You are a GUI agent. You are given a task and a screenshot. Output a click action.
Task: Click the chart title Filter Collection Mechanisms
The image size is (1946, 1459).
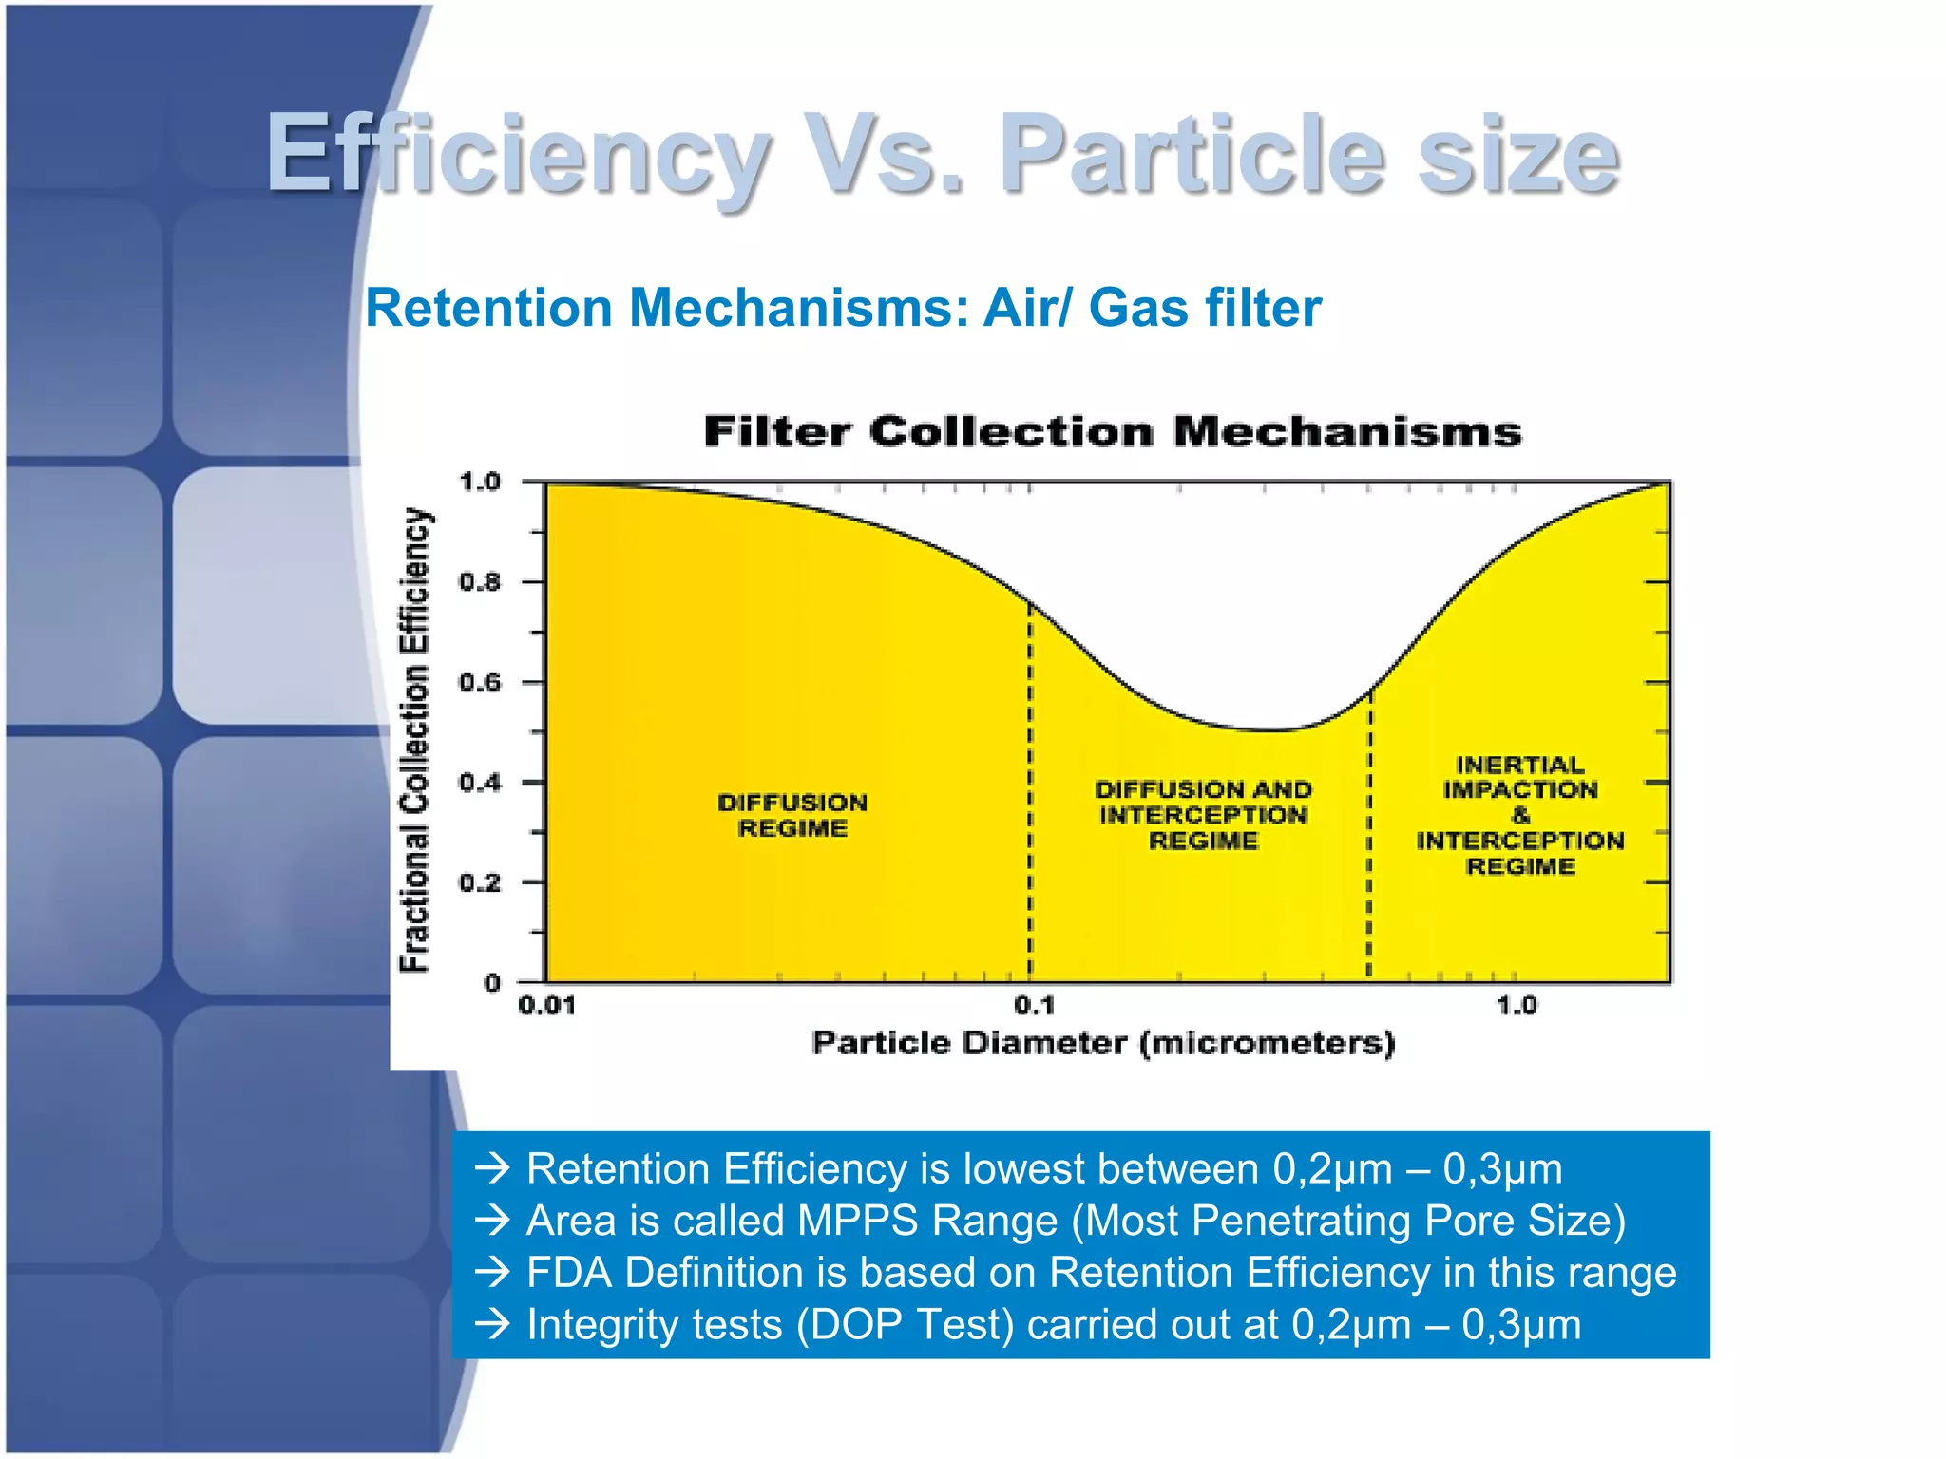click(1112, 432)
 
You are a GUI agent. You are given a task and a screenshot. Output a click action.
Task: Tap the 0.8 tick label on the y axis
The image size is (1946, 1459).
click(480, 581)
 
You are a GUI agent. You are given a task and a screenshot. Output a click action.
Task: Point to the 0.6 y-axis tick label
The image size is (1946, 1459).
click(480, 682)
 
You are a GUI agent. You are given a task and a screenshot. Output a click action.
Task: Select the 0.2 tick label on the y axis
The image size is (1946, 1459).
click(480, 882)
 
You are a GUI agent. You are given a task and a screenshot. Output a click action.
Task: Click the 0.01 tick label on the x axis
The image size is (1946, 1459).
click(547, 1005)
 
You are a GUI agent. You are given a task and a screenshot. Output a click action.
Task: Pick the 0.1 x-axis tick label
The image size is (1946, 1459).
click(1034, 1005)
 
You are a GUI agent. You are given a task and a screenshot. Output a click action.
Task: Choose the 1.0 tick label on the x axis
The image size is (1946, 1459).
click(1517, 1005)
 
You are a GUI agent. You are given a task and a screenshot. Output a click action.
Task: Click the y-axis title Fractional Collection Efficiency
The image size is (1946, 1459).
click(415, 740)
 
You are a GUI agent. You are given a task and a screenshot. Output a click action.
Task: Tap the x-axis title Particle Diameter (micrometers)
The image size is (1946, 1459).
click(1103, 1043)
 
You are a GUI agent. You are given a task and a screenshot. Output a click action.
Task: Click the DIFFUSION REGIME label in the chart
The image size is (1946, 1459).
click(792, 815)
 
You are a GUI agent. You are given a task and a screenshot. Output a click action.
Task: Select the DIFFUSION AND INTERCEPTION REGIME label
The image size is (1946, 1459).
click(1203, 815)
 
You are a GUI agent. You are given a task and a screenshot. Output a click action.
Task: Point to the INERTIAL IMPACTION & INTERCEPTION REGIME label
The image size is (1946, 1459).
click(1520, 815)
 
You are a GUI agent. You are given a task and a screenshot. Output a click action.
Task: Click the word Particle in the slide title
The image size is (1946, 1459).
click(1192, 155)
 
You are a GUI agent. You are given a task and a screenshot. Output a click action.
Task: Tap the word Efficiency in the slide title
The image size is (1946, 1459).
click(518, 155)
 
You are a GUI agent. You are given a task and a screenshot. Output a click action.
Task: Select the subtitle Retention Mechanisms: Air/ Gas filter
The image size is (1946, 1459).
click(843, 308)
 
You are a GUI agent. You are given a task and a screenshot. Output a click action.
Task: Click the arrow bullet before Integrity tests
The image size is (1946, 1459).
click(493, 1324)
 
